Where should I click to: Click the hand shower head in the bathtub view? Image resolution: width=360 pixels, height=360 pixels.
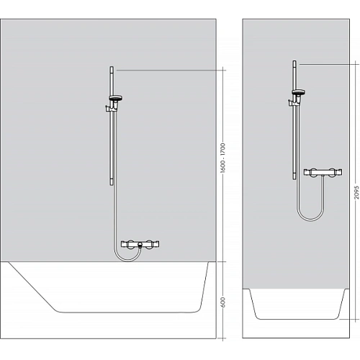pyautogui.click(x=114, y=99)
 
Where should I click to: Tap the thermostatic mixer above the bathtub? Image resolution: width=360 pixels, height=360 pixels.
pyautogui.click(x=140, y=246)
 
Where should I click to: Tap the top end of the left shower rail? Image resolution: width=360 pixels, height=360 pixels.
pyautogui.click(x=112, y=69)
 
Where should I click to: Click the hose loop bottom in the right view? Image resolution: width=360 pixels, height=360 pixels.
pyautogui.click(x=303, y=218)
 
